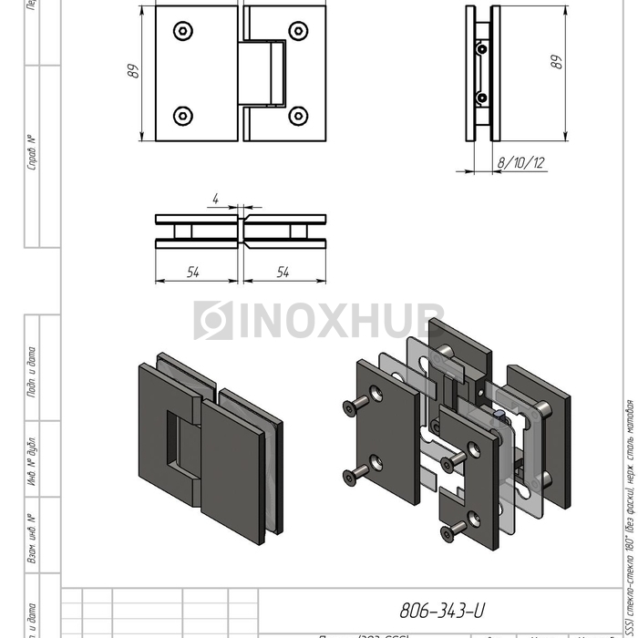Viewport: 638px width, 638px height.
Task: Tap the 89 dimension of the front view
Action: [133, 72]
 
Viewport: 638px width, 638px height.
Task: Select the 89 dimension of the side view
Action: [557, 61]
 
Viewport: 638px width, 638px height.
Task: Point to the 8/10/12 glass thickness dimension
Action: [521, 163]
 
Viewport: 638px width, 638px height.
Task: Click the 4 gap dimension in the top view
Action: [214, 198]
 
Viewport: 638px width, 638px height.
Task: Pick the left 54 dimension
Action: [193, 273]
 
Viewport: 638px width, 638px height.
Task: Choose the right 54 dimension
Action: [283, 273]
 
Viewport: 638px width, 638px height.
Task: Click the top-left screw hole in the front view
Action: [184, 31]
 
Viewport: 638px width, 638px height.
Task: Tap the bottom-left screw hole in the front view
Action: [184, 116]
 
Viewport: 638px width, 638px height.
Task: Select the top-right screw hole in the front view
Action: [298, 31]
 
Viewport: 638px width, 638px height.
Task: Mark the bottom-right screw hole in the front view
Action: [298, 116]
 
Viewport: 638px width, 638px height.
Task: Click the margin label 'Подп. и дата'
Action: [33, 371]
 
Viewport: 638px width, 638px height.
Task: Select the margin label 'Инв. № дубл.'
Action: [33, 460]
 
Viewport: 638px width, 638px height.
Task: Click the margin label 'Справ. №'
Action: [33, 152]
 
